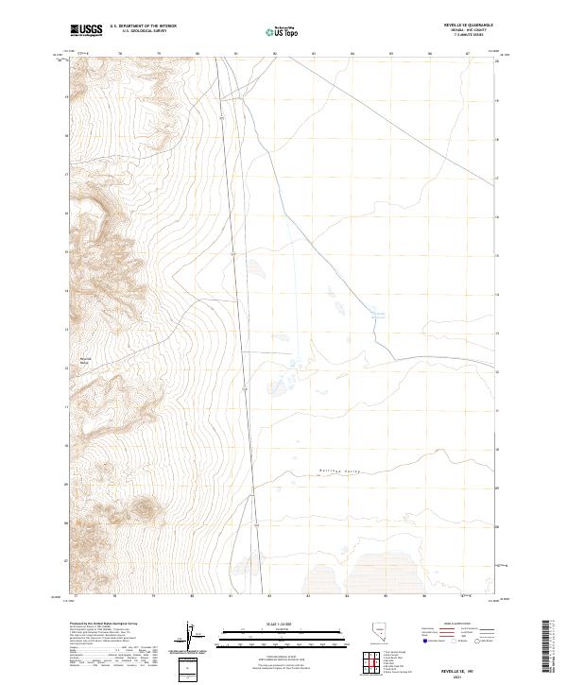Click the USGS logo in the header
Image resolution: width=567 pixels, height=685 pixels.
(86, 29)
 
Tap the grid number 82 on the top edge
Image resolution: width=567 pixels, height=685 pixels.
(275, 54)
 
